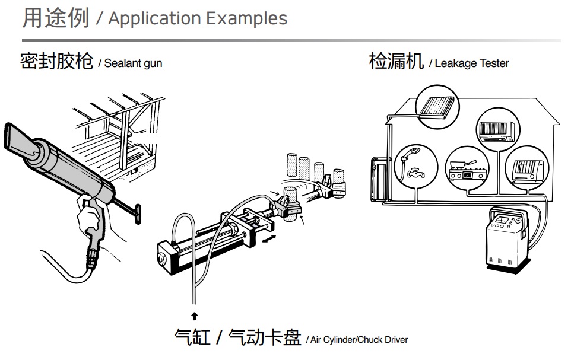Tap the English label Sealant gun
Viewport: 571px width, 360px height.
(x=133, y=63)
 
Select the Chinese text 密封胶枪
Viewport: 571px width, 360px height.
(x=56, y=61)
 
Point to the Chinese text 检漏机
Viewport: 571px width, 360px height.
(x=396, y=61)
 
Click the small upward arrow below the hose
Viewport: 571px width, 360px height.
(x=194, y=316)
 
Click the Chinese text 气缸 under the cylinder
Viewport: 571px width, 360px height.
(x=192, y=337)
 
